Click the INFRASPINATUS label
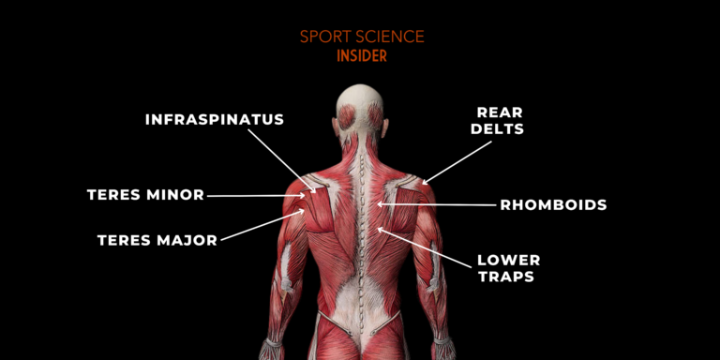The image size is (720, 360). pos(214,120)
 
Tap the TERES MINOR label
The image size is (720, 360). pos(145,195)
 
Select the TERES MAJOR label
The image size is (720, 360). pos(157,240)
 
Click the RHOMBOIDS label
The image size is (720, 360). pos(553,203)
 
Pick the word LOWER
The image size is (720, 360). pos(508,260)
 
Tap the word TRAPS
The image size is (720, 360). pos(506,277)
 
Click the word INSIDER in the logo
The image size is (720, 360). pos(362,55)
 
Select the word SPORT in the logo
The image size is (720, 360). pos(322,37)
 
